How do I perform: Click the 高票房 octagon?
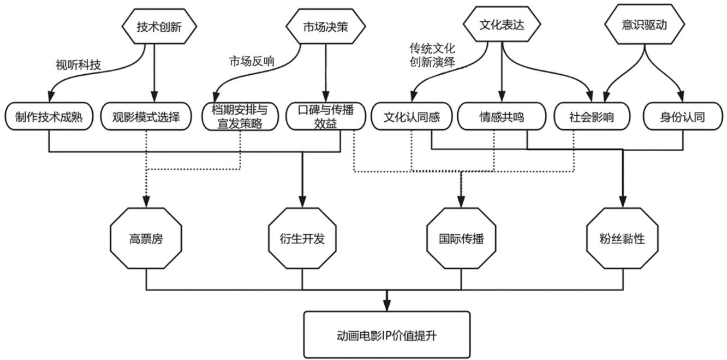click(x=146, y=239)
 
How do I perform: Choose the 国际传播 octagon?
click(x=462, y=239)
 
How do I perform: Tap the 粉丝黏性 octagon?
click(x=622, y=239)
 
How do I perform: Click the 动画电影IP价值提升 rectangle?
click(x=387, y=334)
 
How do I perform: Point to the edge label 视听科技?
click(x=78, y=65)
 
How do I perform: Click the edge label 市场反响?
click(x=251, y=61)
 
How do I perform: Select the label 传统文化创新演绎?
click(x=432, y=54)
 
